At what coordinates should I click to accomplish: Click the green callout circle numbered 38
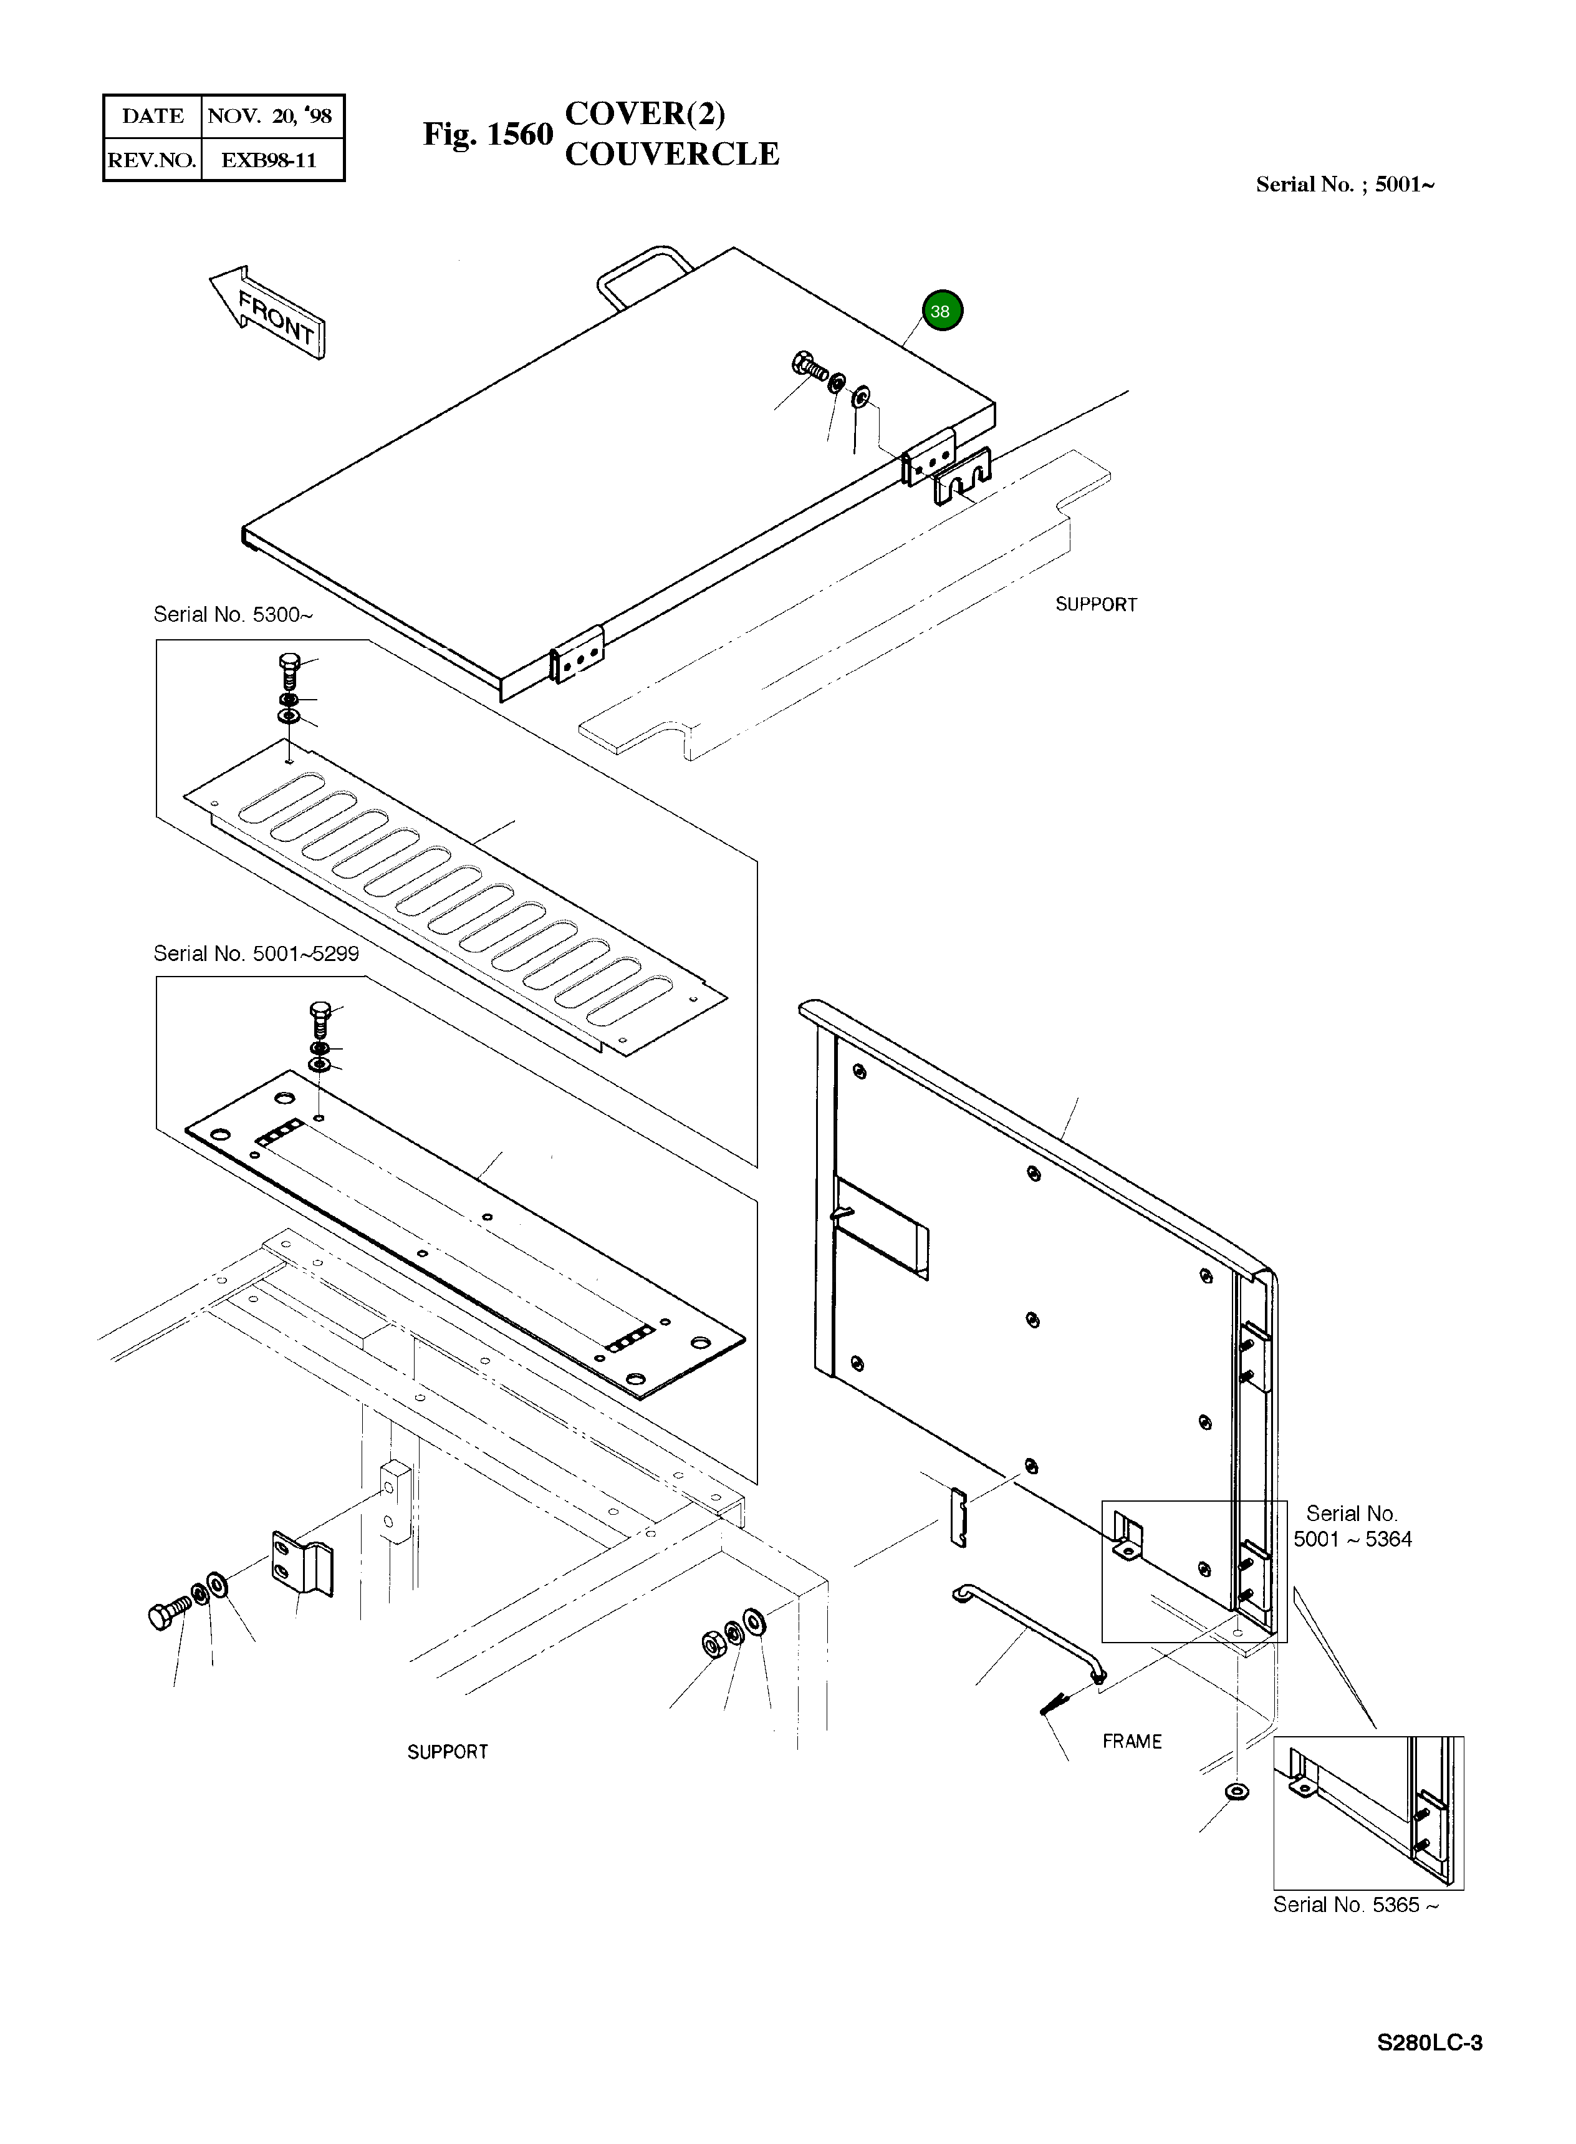pyautogui.click(x=941, y=311)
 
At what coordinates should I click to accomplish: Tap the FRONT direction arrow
pyautogui.click(x=270, y=312)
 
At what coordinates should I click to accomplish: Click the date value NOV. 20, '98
pyautogui.click(x=270, y=117)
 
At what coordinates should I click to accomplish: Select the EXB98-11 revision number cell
pyautogui.click(x=269, y=160)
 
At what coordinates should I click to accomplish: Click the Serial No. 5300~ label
pyautogui.click(x=233, y=614)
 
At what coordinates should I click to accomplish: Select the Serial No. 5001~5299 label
pyautogui.click(x=256, y=954)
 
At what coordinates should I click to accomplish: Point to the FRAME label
pyautogui.click(x=1132, y=1741)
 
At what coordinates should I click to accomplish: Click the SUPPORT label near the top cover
pyautogui.click(x=1095, y=605)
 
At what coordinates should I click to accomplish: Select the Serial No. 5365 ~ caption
pyautogui.click(x=1355, y=1905)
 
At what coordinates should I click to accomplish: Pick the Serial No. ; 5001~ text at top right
pyautogui.click(x=1344, y=185)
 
